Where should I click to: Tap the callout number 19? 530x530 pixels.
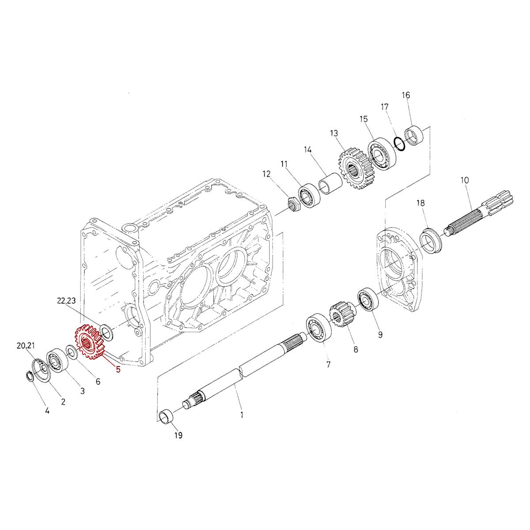coord(178,435)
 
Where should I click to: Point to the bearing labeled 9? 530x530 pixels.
coord(367,301)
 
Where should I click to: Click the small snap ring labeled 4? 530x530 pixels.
coord(28,376)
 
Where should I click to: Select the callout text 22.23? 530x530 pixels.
coord(67,301)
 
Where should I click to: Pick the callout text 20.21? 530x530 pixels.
coord(26,346)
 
